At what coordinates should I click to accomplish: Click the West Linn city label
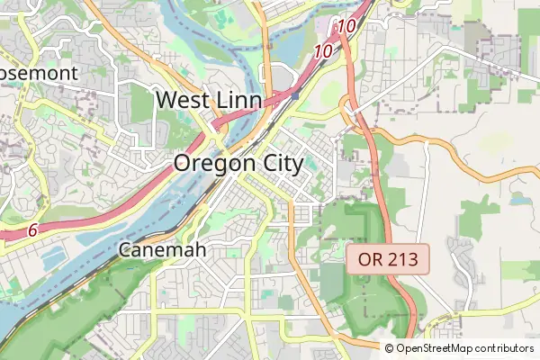[209, 100]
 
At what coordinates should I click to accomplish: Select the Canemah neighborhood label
[163, 249]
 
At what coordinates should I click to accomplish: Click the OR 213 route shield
[388, 260]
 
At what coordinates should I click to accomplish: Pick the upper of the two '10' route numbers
[347, 28]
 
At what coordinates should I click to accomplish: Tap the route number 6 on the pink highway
[32, 231]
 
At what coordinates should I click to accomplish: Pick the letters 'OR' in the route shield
[371, 260]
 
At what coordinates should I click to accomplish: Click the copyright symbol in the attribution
[390, 348]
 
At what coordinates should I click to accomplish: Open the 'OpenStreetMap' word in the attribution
[434, 348]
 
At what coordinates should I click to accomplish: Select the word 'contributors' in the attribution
[504, 348]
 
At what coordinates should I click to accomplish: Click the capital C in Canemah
[127, 249]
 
